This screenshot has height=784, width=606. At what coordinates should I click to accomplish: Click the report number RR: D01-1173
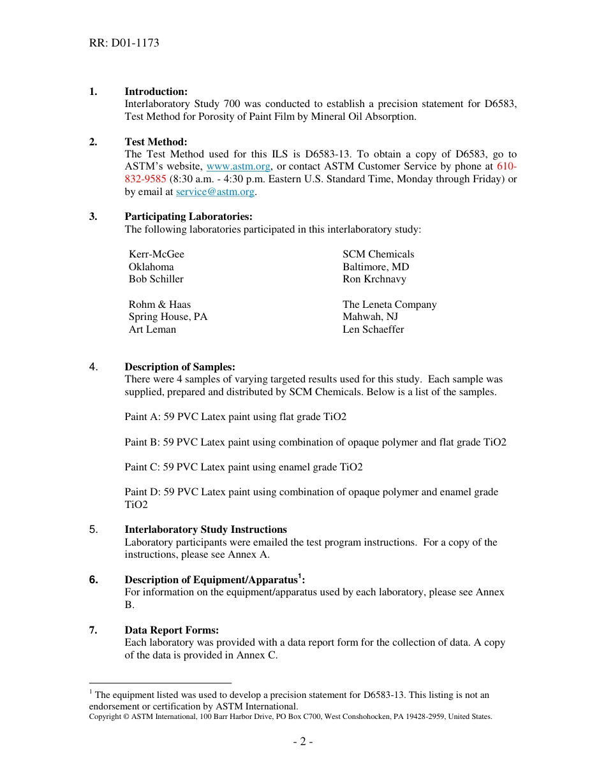click(124, 43)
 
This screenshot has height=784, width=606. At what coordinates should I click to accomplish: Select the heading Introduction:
click(156, 92)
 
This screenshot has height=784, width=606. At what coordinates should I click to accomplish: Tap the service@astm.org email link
click(215, 192)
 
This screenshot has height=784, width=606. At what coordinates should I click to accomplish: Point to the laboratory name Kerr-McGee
click(156, 254)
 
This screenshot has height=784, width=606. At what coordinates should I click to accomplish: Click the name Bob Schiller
click(156, 279)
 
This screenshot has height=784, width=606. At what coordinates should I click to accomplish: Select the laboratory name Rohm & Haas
click(159, 305)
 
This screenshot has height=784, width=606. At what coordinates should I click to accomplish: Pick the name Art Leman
click(152, 330)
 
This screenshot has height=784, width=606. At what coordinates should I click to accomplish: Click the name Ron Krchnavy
click(374, 279)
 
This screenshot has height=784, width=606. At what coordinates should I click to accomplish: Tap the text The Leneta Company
click(389, 305)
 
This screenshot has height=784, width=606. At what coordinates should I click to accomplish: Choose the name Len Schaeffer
click(373, 330)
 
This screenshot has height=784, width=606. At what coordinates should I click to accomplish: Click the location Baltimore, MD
click(376, 267)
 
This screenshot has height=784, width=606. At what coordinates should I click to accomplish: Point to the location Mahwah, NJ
click(370, 317)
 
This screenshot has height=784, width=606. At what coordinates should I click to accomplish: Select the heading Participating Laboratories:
click(188, 217)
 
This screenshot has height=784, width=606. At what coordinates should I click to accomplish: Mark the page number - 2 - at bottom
click(303, 742)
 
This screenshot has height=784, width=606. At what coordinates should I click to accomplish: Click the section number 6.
click(93, 580)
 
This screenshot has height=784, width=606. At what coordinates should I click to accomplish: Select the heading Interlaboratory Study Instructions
click(205, 530)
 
